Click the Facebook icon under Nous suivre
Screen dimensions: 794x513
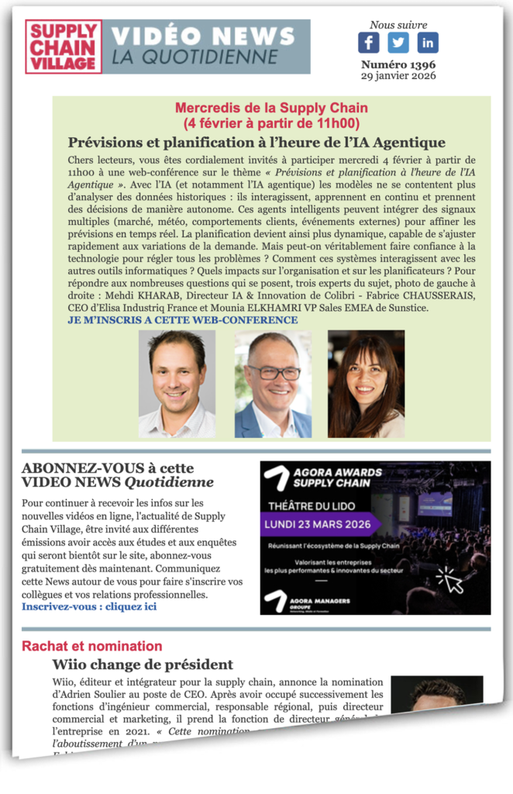coord(369,43)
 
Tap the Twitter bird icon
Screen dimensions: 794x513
coord(398,43)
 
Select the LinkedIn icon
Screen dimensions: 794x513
coord(428,43)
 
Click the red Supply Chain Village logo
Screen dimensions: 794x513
coord(63,47)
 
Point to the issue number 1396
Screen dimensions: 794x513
coord(398,64)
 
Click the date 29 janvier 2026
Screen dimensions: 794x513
coord(398,76)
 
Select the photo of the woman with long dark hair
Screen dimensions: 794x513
coord(366,384)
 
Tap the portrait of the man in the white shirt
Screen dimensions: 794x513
coord(177,384)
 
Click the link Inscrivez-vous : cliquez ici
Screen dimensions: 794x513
coord(89,606)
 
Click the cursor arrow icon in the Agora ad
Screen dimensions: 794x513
coord(450,579)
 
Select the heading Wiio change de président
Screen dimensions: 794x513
coord(143,665)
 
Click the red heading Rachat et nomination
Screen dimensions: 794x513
coord(92,646)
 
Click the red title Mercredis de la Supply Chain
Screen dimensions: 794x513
coord(271,109)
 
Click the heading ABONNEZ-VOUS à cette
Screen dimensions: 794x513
coord(108,468)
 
